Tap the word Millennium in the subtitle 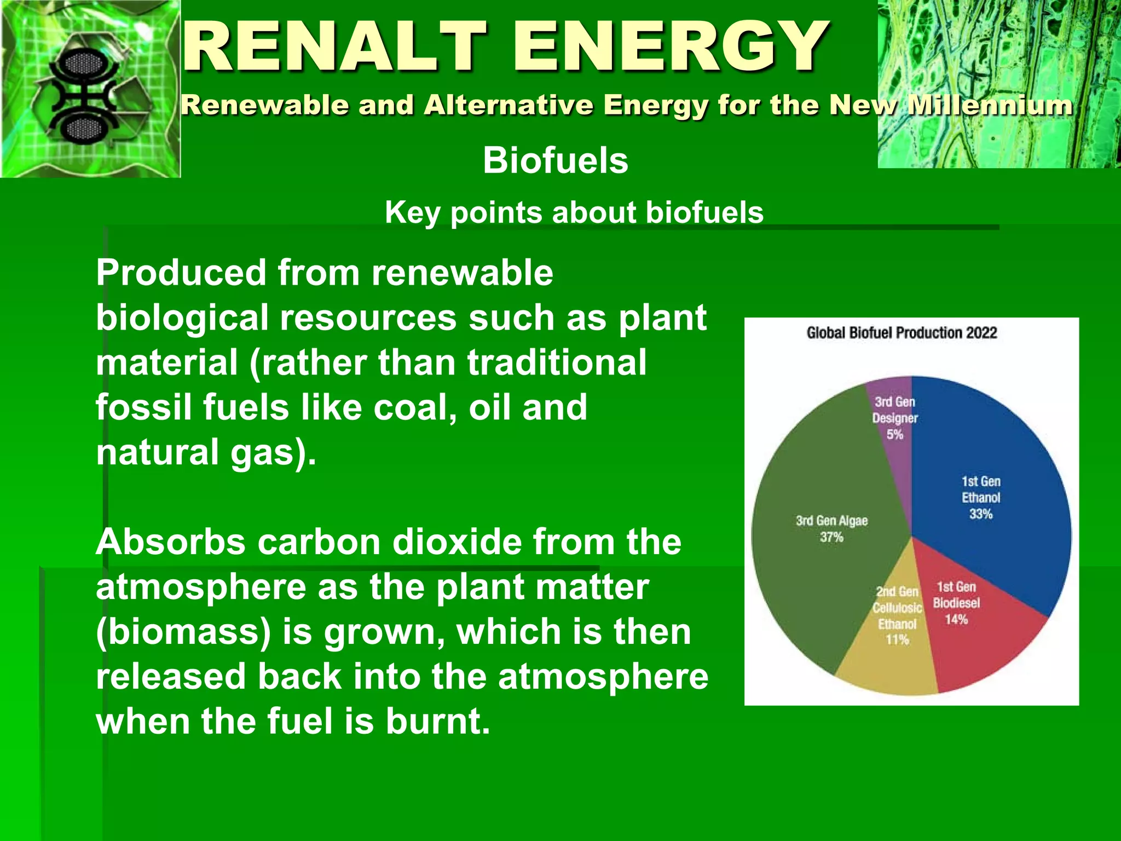pos(990,105)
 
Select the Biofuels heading pos(555,160)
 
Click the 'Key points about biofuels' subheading pos(574,212)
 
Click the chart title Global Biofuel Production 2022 pos(902,333)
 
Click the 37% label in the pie pos(831,537)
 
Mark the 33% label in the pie pos(980,514)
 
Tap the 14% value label pos(956,620)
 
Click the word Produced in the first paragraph pos(181,273)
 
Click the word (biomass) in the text pos(183,632)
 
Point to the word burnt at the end pos(438,721)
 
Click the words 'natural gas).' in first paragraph pos(206,452)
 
